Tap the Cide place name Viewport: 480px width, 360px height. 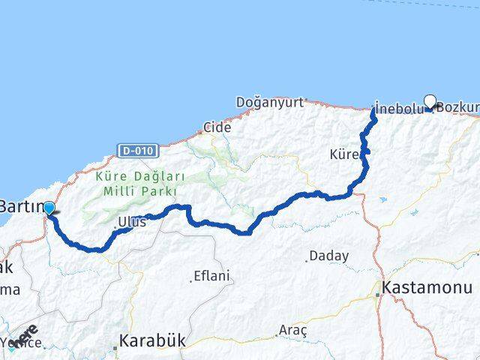point(217,127)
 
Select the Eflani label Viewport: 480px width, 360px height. point(211,276)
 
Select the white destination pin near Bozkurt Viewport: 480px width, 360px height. point(430,102)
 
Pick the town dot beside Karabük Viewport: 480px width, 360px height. point(116,347)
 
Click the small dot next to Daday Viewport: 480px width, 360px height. point(307,259)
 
